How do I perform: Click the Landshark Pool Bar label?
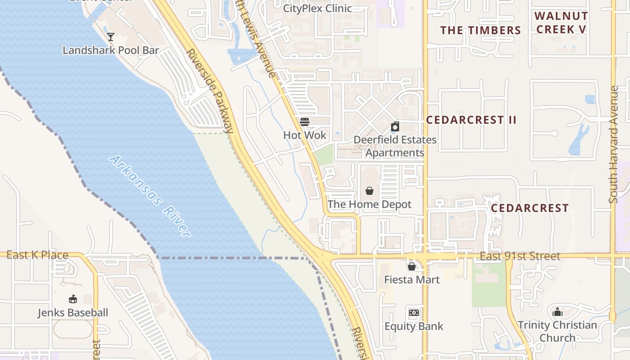point(111,50)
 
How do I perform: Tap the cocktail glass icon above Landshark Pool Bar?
point(111,36)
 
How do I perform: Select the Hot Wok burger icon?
point(305,121)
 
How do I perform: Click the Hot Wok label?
point(305,135)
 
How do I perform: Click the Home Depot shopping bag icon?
point(369,191)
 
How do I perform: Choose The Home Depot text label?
point(369,204)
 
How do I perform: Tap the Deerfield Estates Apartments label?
point(395,146)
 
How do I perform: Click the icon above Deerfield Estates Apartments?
point(395,126)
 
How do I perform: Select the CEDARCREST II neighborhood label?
point(471,120)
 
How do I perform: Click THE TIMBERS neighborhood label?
point(480,30)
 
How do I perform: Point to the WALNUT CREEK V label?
point(561,22)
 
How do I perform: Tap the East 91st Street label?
point(520,256)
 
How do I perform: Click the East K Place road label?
point(37,255)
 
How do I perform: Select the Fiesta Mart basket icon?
point(411,266)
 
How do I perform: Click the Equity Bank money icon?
point(414,313)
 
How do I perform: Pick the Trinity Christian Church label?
point(557,331)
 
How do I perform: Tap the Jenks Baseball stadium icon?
point(72,299)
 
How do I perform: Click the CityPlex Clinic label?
point(317,8)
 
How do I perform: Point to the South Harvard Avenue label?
point(614,144)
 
